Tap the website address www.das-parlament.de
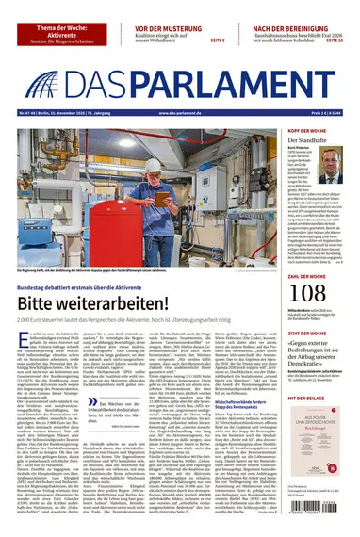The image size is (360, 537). click(180, 115)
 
